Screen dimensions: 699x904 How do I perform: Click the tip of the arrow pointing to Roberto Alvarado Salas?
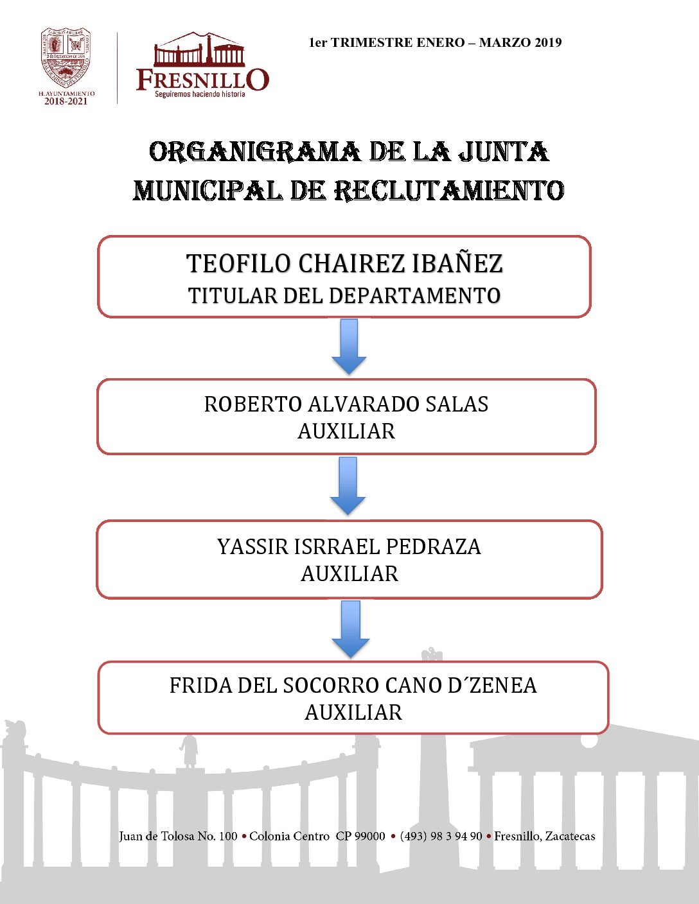click(349, 374)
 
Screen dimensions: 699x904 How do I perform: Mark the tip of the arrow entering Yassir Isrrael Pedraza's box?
click(348, 515)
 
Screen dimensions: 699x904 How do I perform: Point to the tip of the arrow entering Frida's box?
click(351, 657)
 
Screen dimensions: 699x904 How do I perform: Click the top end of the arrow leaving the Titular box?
click(349, 319)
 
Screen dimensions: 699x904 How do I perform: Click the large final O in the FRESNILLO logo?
click(257, 79)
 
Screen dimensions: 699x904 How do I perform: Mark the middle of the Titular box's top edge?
click(344, 236)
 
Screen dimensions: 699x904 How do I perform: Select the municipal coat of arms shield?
click(66, 58)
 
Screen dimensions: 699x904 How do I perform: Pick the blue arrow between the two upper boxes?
click(349, 347)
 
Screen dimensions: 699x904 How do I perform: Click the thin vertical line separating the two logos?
click(117, 68)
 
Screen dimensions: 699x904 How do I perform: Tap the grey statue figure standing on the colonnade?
click(190, 751)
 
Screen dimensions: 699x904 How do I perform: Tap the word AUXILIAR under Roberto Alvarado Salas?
click(346, 431)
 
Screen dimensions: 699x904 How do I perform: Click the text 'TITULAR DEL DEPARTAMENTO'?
click(344, 295)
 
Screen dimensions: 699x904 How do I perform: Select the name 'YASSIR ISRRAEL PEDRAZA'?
click(349, 546)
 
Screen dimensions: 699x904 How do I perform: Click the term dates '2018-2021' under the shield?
click(66, 101)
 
